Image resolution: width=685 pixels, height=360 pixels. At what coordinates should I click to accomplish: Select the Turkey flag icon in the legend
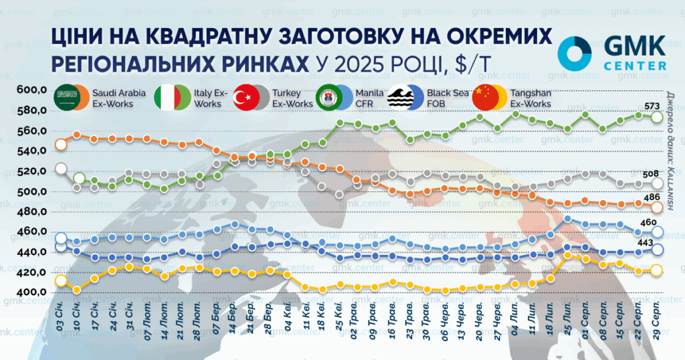pos(246,98)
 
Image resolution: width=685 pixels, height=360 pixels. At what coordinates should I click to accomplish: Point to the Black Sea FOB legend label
pos(448,98)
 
